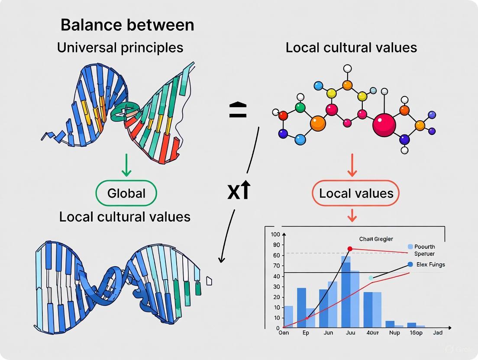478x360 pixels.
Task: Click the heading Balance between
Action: point(127,25)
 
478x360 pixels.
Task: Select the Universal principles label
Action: point(120,48)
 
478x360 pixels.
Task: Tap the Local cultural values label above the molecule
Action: point(351,48)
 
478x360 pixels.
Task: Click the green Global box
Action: point(126,193)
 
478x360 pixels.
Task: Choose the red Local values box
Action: point(356,193)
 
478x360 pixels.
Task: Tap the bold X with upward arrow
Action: point(239,191)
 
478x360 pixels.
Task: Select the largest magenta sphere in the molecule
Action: point(384,125)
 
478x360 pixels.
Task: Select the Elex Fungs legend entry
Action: point(430,264)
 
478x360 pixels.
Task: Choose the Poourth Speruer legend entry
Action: point(424,250)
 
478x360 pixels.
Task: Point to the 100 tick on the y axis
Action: point(275,235)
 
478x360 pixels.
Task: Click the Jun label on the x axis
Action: point(328,334)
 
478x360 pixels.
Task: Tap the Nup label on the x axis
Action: point(394,334)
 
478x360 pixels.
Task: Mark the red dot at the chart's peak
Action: point(350,249)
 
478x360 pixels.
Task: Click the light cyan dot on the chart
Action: point(371,278)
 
